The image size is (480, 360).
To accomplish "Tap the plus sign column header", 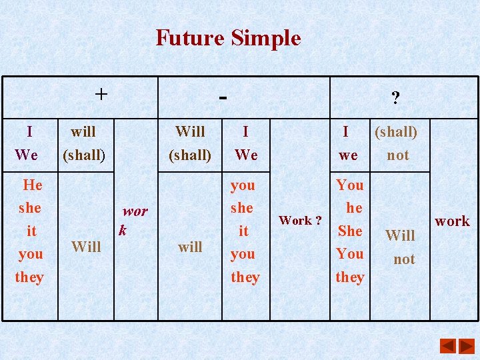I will pyautogui.click(x=100, y=94).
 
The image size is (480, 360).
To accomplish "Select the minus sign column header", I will pyautogui.click(x=223, y=97).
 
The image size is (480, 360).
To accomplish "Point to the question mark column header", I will pyautogui.click(x=395, y=99).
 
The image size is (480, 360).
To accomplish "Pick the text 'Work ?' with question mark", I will pyautogui.click(x=300, y=220).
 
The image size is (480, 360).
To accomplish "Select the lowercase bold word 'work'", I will pyautogui.click(x=452, y=221).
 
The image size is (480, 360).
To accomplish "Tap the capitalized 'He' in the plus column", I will pyautogui.click(x=32, y=185).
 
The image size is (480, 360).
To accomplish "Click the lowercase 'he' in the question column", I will pyautogui.click(x=354, y=208).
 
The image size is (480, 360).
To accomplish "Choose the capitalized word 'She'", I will pyautogui.click(x=350, y=231).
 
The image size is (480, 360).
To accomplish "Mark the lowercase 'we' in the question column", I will pyautogui.click(x=348, y=155).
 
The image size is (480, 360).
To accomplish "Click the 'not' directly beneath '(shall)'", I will pyautogui.click(x=397, y=155).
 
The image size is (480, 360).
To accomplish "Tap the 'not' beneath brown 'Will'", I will pyautogui.click(x=404, y=259).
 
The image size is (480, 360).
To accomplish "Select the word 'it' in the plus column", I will pyautogui.click(x=31, y=231).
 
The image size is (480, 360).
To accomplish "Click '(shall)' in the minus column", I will pyautogui.click(x=190, y=155).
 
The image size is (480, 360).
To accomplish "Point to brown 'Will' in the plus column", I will pyautogui.click(x=86, y=247).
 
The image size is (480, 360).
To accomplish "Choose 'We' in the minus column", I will pyautogui.click(x=246, y=155).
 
